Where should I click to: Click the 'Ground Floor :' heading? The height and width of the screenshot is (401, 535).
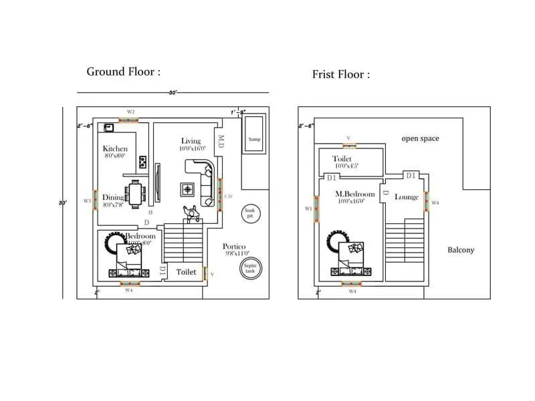(x=124, y=72)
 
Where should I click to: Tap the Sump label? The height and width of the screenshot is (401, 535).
(x=254, y=140)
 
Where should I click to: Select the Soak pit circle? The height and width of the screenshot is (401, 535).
(x=249, y=215)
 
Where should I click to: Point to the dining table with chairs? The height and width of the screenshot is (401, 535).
(x=136, y=194)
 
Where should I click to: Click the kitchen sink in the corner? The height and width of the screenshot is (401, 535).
(x=108, y=126)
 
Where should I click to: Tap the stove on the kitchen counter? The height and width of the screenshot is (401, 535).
(x=142, y=161)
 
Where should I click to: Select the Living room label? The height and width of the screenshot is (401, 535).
(x=191, y=140)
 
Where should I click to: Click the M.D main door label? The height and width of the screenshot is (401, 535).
(x=220, y=142)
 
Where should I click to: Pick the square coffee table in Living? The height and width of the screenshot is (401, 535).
(x=189, y=188)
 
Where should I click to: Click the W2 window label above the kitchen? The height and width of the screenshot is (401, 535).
(x=131, y=112)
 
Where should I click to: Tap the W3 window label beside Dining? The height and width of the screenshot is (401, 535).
(x=87, y=200)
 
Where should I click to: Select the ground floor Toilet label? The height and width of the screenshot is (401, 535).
(x=186, y=272)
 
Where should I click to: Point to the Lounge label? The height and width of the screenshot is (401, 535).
(x=406, y=197)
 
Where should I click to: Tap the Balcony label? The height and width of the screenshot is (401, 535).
(x=461, y=250)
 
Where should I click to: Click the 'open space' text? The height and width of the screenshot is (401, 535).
(x=420, y=138)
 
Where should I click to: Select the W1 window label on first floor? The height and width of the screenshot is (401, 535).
(x=308, y=209)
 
